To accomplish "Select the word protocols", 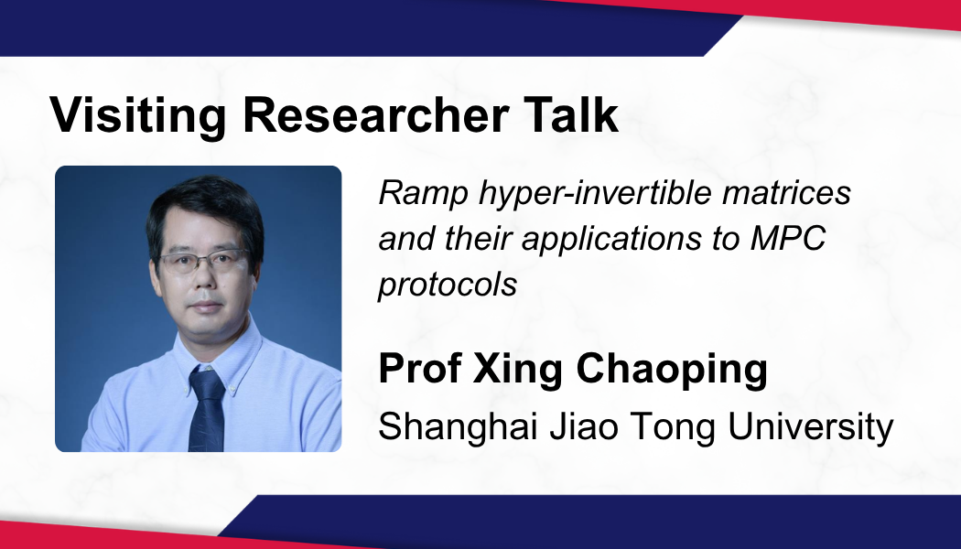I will (x=448, y=285).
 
